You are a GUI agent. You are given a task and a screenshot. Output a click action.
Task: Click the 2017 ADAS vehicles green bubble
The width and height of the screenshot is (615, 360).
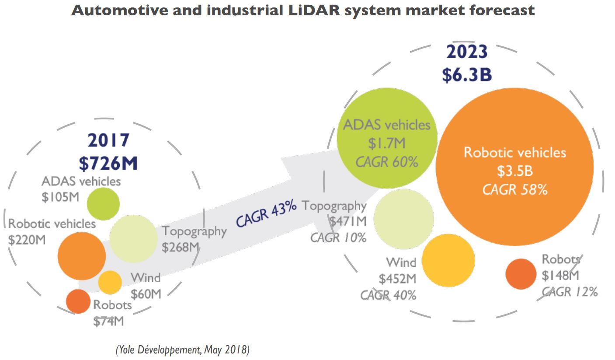[103, 203]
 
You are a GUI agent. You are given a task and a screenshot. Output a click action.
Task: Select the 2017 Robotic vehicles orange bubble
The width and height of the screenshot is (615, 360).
[82, 255]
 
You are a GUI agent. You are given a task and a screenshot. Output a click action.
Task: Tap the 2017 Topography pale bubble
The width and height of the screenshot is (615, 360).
[133, 238]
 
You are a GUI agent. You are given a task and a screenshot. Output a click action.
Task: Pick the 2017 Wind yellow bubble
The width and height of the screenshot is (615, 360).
[110, 283]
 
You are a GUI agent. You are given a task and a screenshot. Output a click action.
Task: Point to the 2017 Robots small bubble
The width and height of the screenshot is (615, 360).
[78, 301]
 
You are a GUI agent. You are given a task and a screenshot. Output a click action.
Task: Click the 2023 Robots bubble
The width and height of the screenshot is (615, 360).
[521, 274]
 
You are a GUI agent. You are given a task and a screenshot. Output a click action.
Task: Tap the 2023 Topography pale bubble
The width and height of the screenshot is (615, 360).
[404, 218]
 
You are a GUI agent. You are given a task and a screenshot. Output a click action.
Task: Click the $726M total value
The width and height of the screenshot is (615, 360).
[108, 163]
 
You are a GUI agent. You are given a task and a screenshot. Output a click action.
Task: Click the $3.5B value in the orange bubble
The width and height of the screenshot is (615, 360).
[514, 171]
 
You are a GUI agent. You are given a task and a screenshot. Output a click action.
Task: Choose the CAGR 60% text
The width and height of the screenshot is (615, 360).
[387, 162]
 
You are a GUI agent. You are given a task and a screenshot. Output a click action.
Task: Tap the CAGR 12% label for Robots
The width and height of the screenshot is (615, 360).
[570, 292]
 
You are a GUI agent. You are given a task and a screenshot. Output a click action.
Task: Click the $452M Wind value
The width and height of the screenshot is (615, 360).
[397, 279]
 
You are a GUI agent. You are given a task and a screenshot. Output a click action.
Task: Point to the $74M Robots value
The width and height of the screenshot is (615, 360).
[108, 321]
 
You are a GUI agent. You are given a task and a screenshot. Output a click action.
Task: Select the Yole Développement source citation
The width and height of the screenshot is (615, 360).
[182, 350]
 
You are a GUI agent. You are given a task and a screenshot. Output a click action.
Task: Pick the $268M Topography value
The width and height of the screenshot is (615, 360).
[181, 247]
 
